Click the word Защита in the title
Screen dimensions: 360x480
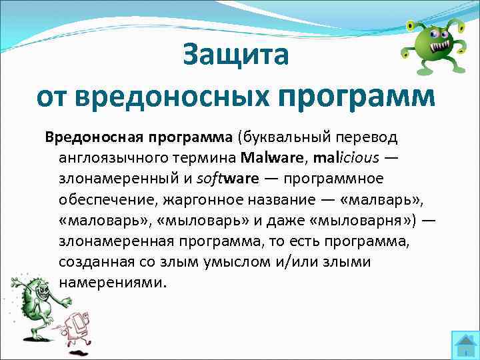236,55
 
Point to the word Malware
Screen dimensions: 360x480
270,158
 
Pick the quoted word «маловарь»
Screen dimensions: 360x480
98,220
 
